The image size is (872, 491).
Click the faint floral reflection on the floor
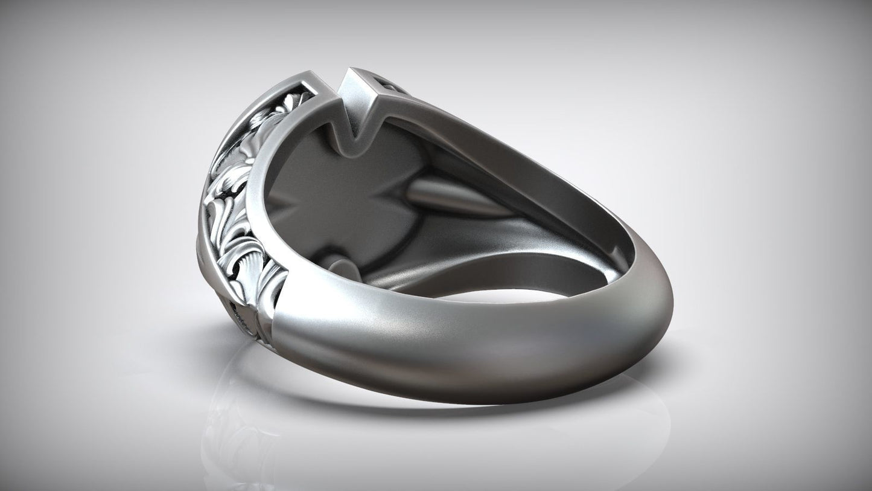point(235,435)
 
